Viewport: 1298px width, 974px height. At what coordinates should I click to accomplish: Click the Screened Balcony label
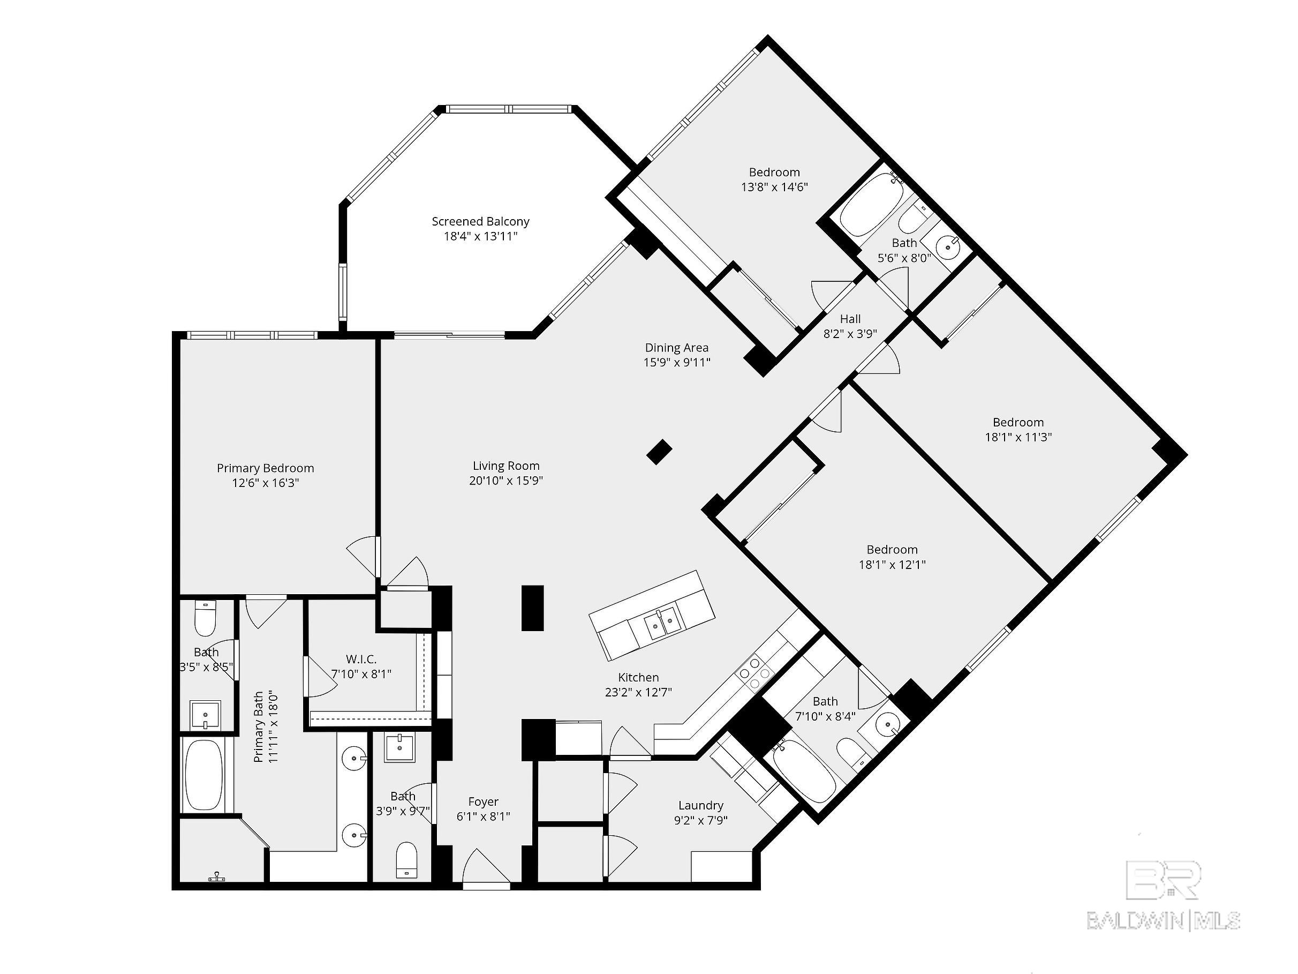(x=480, y=222)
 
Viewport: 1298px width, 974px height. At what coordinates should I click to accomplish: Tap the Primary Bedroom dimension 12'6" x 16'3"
(x=265, y=483)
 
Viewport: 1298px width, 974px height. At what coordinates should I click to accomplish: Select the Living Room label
(x=506, y=466)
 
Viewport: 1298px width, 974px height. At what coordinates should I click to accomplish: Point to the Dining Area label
(x=677, y=348)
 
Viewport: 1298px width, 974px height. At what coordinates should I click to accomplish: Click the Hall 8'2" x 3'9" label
(x=850, y=326)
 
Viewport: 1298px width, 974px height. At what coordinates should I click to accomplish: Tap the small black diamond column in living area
(x=659, y=452)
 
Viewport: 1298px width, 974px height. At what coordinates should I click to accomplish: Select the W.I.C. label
(x=361, y=660)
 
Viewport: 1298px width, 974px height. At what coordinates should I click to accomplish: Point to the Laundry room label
(x=700, y=805)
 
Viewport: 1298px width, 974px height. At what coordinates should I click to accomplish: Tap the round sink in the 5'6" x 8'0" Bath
(x=948, y=246)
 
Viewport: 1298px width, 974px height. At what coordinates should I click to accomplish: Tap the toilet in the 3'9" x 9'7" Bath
(x=406, y=860)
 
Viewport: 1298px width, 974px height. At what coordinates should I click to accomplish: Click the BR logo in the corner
(x=1163, y=881)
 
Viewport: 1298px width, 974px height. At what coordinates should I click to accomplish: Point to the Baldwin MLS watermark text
(x=1163, y=920)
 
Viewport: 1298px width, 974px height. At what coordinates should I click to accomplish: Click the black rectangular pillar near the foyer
(x=532, y=608)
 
